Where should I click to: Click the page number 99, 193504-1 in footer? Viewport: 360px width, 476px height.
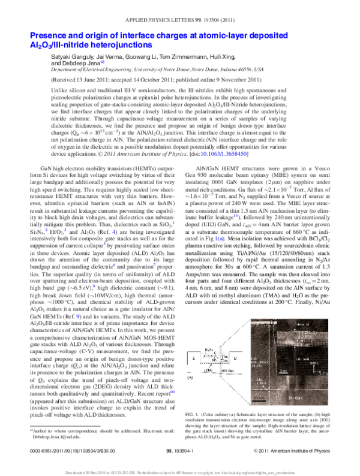180,449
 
